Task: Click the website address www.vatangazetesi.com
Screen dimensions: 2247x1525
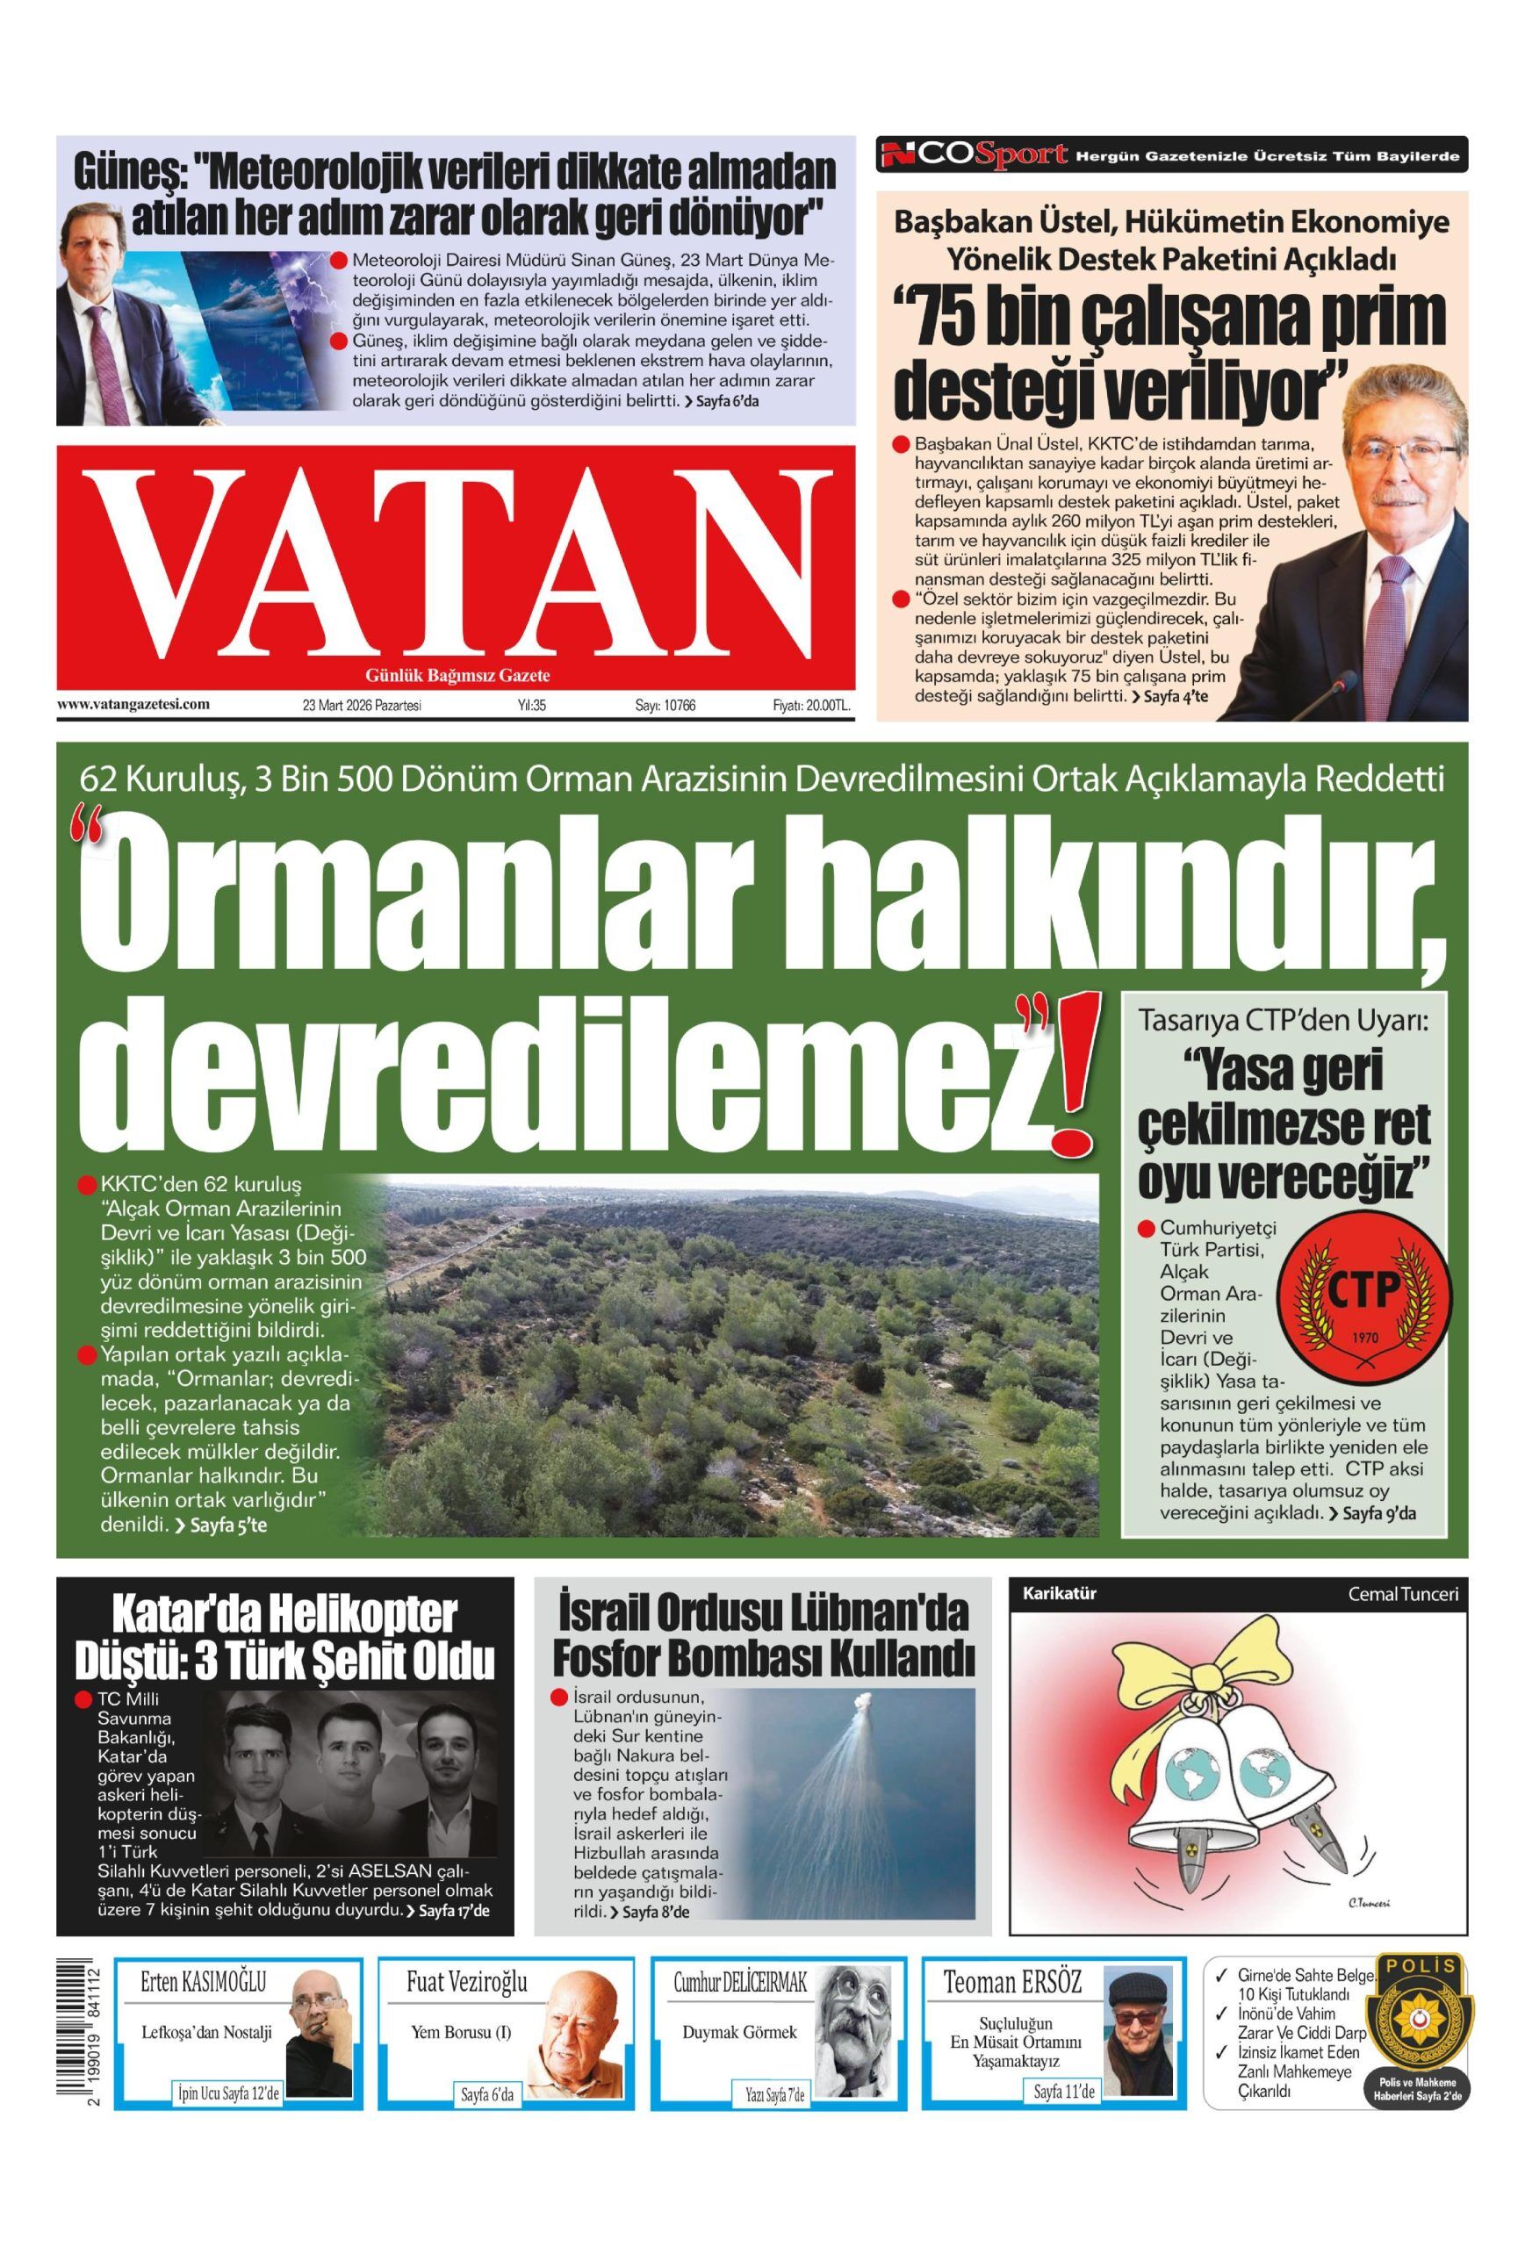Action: (x=133, y=704)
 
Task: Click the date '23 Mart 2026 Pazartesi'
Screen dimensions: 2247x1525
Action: (x=362, y=706)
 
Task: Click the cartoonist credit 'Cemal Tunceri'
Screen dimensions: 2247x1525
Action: (x=1402, y=1594)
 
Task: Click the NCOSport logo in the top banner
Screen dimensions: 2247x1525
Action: (x=975, y=154)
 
